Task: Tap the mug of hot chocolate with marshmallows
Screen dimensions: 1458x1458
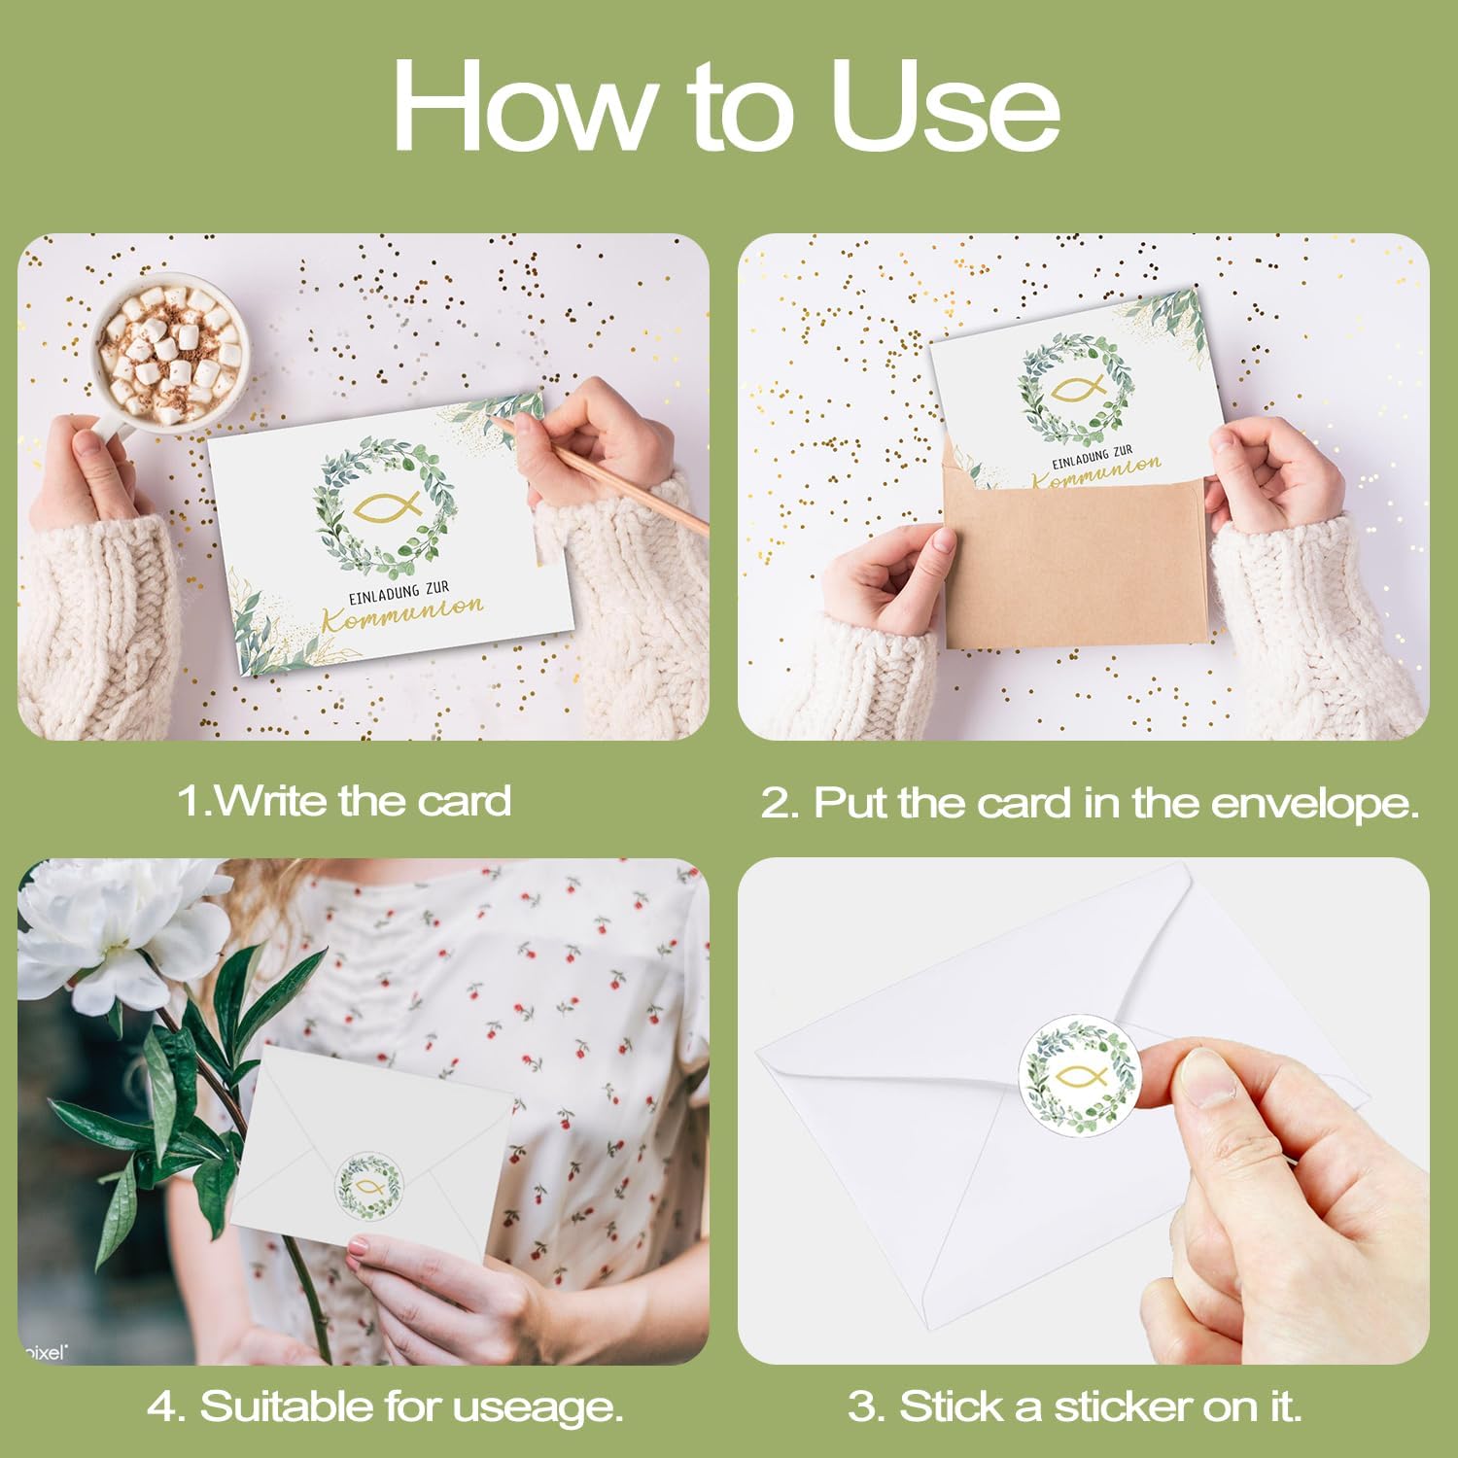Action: (x=170, y=355)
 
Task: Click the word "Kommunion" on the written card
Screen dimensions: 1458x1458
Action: (x=403, y=612)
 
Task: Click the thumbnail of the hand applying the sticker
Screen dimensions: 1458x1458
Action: (x=1083, y=1111)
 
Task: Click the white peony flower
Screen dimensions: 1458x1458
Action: (x=121, y=933)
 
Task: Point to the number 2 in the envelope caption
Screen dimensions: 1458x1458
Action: (x=777, y=803)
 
